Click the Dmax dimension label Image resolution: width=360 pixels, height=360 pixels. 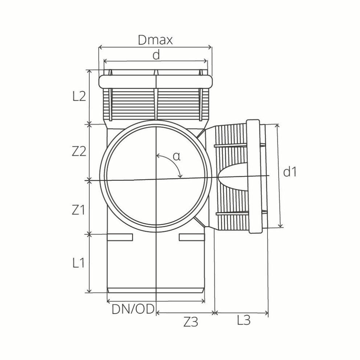click(x=155, y=40)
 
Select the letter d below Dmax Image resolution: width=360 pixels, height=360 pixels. click(x=156, y=55)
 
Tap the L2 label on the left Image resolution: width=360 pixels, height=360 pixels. click(x=79, y=96)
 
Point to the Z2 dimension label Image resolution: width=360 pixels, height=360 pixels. click(x=79, y=151)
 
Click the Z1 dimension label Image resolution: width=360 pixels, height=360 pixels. click(x=79, y=209)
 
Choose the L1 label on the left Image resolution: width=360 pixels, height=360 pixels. click(x=79, y=263)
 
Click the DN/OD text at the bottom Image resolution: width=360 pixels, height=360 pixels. click(x=133, y=309)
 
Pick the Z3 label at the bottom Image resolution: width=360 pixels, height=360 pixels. click(x=191, y=322)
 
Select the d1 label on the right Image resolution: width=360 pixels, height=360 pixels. click(x=290, y=172)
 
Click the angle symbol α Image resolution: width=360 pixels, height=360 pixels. click(x=176, y=156)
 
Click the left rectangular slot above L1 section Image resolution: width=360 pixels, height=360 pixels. click(x=120, y=237)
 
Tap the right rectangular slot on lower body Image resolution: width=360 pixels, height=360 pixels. click(x=191, y=237)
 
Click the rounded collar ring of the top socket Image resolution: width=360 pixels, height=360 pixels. click(x=155, y=81)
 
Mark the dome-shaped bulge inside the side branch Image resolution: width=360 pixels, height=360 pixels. click(x=232, y=176)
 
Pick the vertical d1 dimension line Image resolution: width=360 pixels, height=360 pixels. click(x=279, y=176)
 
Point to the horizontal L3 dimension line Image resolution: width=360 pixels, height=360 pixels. click(x=242, y=312)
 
